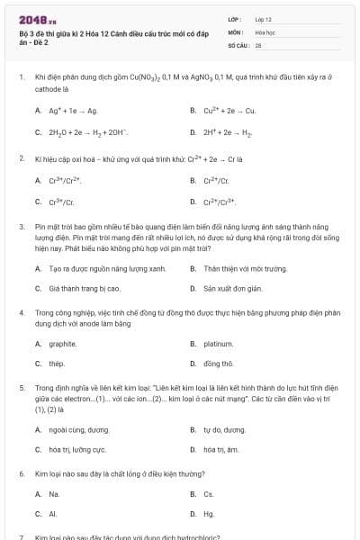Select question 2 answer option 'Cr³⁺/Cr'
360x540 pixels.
60,202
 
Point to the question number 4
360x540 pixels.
21,311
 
